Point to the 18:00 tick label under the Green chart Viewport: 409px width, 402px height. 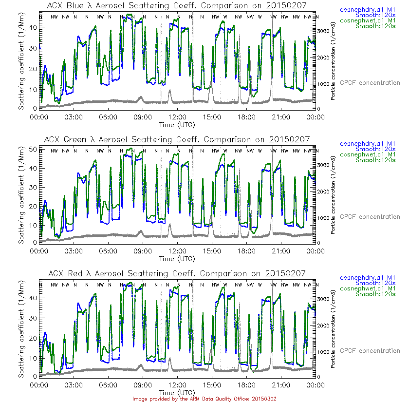pos(247,251)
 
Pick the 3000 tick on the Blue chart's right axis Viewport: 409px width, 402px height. pos(324,31)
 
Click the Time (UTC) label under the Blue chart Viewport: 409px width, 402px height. pos(177,125)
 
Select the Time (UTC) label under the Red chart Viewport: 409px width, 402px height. pos(177,392)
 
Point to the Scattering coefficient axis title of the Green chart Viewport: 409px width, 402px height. pos(22,195)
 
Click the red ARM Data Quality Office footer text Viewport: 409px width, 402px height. pos(204,399)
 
